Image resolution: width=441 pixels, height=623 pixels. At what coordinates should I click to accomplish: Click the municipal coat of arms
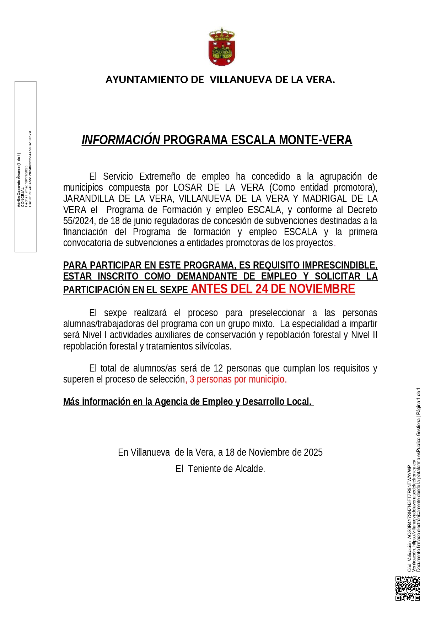pos(221,47)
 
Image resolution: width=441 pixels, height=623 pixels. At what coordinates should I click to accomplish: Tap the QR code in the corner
pos(408,589)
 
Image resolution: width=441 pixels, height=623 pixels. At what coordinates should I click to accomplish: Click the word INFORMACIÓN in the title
pos(121,140)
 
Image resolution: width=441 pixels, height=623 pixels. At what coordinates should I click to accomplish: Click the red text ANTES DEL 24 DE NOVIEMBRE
pos(273,289)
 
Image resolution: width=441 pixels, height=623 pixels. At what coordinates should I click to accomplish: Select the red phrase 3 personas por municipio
pos(238,379)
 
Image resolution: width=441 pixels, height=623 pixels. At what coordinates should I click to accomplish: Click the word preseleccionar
pos(277,313)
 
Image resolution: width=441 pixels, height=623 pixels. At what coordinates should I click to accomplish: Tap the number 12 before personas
pos(218,368)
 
